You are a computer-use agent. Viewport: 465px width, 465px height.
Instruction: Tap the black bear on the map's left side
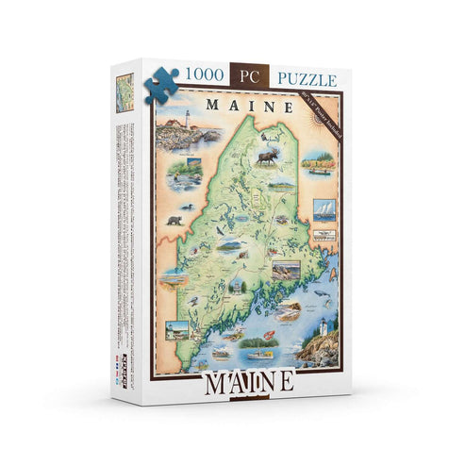pos(174,220)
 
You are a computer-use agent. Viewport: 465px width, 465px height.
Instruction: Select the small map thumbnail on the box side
pos(124,95)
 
